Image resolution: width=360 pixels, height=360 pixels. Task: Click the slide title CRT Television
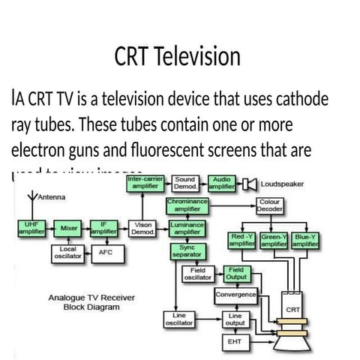(178, 57)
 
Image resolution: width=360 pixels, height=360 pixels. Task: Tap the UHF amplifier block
(31, 228)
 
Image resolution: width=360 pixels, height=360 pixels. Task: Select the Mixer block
(69, 228)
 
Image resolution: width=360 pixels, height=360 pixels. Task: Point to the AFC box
(105, 253)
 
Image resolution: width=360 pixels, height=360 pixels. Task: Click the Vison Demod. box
(142, 228)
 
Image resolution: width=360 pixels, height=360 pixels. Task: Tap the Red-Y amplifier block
(242, 240)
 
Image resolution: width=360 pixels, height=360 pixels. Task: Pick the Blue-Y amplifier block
(305, 240)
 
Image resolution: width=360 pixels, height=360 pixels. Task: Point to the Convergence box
(235, 295)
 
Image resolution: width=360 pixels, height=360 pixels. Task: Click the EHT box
(234, 341)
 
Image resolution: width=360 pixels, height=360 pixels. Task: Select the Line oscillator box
(179, 319)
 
